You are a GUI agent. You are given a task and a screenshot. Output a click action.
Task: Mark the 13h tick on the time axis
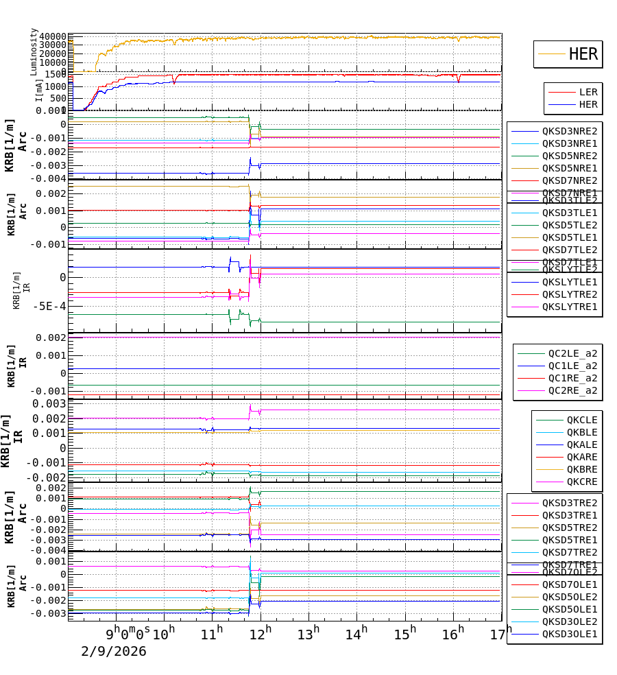click(x=308, y=632)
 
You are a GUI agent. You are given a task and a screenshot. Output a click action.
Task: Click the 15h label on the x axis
click(x=405, y=632)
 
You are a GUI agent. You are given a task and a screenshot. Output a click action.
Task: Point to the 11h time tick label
click(x=212, y=632)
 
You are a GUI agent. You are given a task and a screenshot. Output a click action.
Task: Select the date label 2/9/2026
click(x=114, y=651)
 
